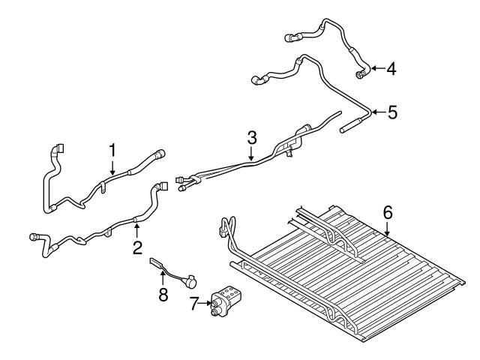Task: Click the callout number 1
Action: tap(112, 150)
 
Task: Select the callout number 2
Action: tap(137, 247)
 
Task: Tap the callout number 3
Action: tap(252, 137)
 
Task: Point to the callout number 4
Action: tap(391, 69)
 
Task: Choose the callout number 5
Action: tap(391, 112)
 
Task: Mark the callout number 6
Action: tap(387, 212)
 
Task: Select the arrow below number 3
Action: tap(252, 154)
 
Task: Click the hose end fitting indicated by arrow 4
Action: tap(362, 72)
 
